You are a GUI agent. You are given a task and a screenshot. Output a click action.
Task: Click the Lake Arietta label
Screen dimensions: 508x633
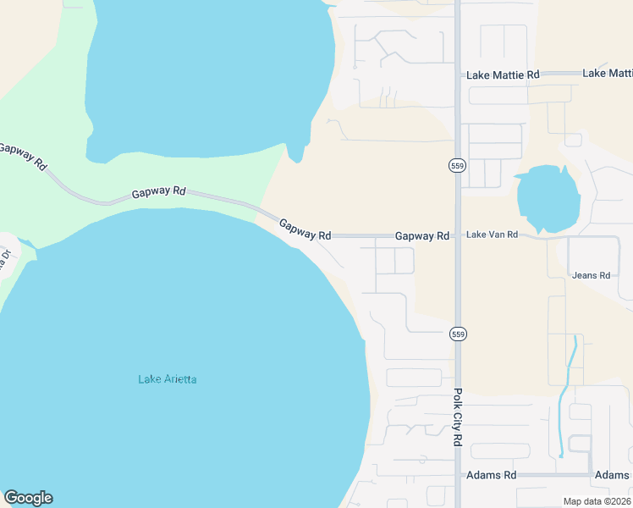(x=168, y=379)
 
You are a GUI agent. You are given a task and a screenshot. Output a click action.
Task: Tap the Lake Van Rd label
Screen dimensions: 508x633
(x=492, y=235)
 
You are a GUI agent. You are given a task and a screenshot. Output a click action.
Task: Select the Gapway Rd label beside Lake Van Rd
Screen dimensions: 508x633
(x=421, y=235)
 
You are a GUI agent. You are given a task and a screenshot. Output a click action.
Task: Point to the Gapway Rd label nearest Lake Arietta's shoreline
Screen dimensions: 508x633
(x=305, y=229)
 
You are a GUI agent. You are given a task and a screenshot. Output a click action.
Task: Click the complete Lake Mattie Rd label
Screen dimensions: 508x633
(x=503, y=75)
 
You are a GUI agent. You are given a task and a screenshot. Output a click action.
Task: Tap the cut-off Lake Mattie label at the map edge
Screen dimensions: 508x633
(x=607, y=74)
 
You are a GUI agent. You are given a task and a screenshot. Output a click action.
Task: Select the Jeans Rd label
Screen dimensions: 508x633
(x=592, y=275)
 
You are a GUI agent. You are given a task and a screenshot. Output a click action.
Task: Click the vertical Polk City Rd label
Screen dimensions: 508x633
(x=457, y=417)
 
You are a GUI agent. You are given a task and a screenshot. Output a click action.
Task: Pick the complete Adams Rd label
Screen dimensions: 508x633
(x=491, y=475)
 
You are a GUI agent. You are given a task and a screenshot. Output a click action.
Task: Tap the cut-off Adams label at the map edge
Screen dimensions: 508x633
(x=613, y=475)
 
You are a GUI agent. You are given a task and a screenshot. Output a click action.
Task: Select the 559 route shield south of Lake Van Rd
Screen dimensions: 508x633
(x=458, y=334)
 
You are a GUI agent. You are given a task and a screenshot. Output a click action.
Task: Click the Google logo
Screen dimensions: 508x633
(x=28, y=498)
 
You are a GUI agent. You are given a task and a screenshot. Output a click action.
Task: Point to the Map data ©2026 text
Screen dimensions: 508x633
(x=596, y=501)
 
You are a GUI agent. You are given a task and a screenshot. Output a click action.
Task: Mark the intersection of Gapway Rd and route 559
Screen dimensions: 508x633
(x=458, y=236)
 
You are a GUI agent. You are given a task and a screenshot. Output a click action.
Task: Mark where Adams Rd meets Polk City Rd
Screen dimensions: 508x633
(x=458, y=475)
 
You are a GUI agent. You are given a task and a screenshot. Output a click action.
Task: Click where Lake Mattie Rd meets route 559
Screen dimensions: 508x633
(x=458, y=75)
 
